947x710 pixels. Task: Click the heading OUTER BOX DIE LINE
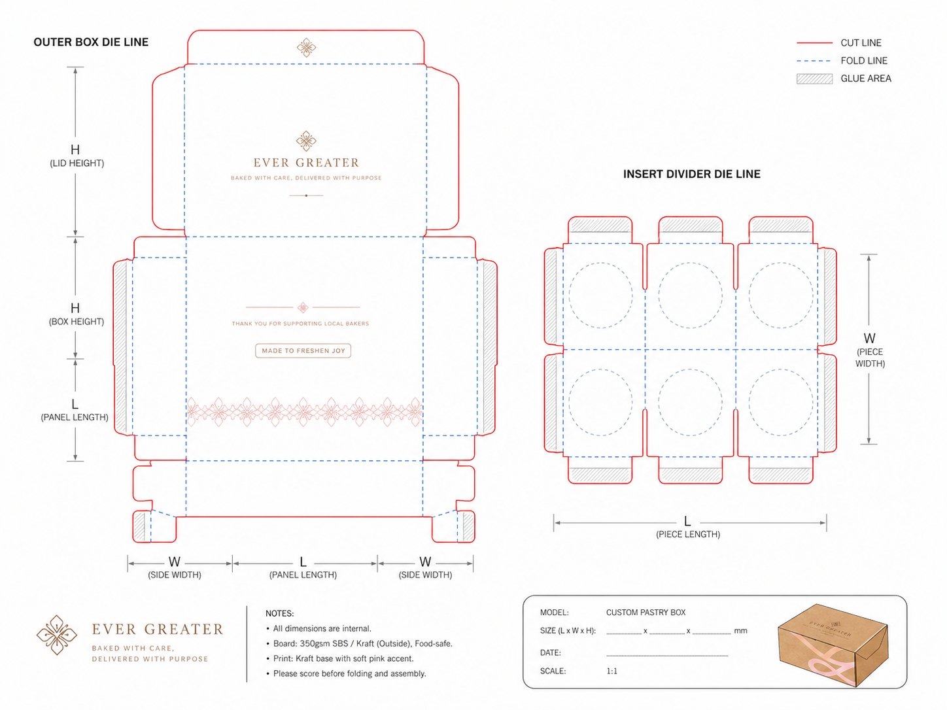click(x=91, y=42)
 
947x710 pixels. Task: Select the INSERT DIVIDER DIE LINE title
click(x=691, y=174)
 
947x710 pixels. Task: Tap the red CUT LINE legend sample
click(x=814, y=43)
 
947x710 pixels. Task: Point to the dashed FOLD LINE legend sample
click(x=814, y=61)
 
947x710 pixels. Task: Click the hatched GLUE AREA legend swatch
click(x=814, y=79)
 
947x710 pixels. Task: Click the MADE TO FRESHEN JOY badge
click(x=303, y=351)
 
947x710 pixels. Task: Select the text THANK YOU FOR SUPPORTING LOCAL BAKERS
click(x=300, y=324)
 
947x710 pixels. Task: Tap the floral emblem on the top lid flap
click(x=306, y=48)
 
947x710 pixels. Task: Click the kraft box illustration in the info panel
click(x=833, y=645)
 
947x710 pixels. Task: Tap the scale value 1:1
click(x=611, y=671)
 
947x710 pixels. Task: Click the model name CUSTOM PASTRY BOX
click(x=646, y=613)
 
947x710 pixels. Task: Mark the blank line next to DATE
click(x=667, y=656)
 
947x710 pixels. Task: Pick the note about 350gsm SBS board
click(x=363, y=643)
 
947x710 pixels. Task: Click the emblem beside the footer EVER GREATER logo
click(x=56, y=635)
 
